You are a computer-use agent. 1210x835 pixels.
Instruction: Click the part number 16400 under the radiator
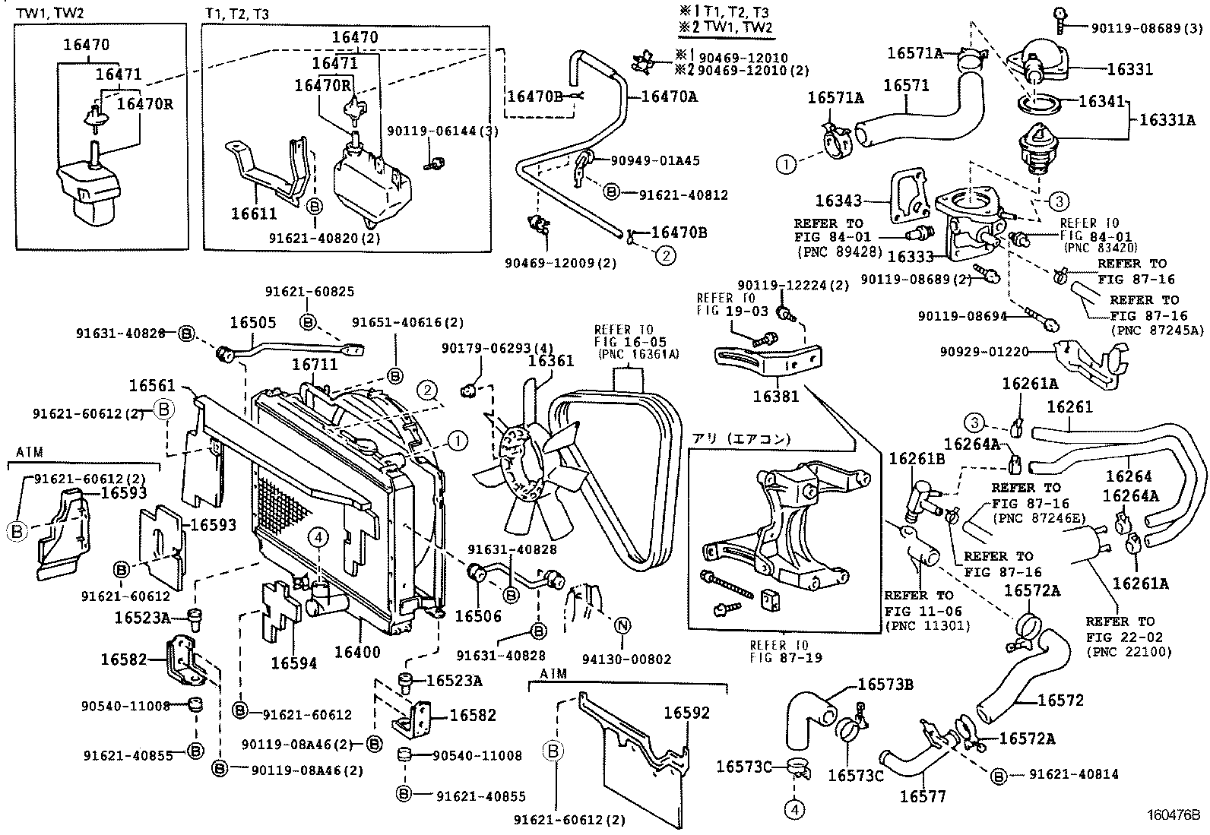point(357,652)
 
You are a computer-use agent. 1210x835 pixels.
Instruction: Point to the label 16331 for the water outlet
point(1129,69)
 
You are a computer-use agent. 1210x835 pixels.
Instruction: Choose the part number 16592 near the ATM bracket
point(686,713)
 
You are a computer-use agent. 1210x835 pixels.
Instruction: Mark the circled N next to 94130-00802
point(622,626)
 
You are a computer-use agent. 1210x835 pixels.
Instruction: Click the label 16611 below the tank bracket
point(255,214)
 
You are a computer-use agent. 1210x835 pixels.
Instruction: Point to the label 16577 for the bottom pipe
point(923,796)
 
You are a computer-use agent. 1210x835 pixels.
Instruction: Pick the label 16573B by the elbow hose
point(885,685)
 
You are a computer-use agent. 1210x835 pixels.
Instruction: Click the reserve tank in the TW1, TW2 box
point(90,190)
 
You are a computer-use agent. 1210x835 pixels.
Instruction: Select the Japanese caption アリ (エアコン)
point(741,438)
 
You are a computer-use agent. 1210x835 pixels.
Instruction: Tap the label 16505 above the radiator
point(253,322)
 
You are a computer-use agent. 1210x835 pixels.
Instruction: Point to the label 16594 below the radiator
point(293,663)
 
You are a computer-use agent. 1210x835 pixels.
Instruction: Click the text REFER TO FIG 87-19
point(786,651)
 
